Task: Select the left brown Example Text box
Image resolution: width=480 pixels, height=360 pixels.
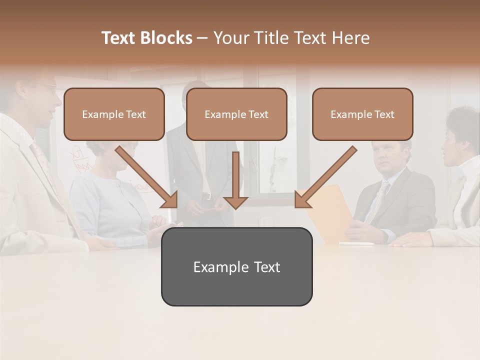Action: coord(114,114)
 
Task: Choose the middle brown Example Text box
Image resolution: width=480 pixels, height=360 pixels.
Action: coord(236,114)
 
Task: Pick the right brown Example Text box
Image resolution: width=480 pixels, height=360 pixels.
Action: coord(362,114)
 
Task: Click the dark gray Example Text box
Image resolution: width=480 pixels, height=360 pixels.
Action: coord(236,267)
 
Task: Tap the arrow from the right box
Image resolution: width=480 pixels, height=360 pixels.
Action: coord(325,177)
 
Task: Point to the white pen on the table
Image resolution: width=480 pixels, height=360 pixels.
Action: coord(356,244)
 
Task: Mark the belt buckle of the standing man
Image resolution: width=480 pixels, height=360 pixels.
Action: coord(206,195)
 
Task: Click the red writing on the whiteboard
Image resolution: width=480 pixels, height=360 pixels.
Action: coord(77,160)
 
